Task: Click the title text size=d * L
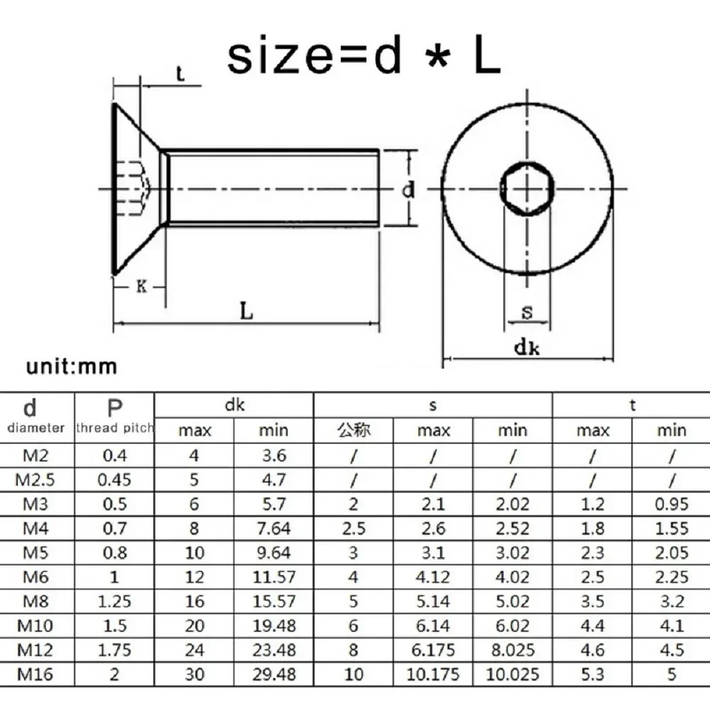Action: point(364,57)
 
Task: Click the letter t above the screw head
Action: point(180,74)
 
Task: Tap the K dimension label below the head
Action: point(141,287)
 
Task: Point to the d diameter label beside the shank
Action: point(408,190)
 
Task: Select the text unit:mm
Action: point(71,367)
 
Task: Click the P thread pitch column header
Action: point(114,416)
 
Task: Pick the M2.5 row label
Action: point(35,479)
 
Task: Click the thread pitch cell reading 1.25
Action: point(114,601)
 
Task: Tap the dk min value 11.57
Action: point(274,577)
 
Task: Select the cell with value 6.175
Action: point(433,650)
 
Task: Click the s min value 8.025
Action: point(513,650)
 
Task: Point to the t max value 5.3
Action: point(592,674)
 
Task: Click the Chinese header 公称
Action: point(354,430)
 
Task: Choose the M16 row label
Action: point(35,674)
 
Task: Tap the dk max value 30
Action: point(195,674)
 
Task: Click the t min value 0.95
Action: point(671,504)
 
